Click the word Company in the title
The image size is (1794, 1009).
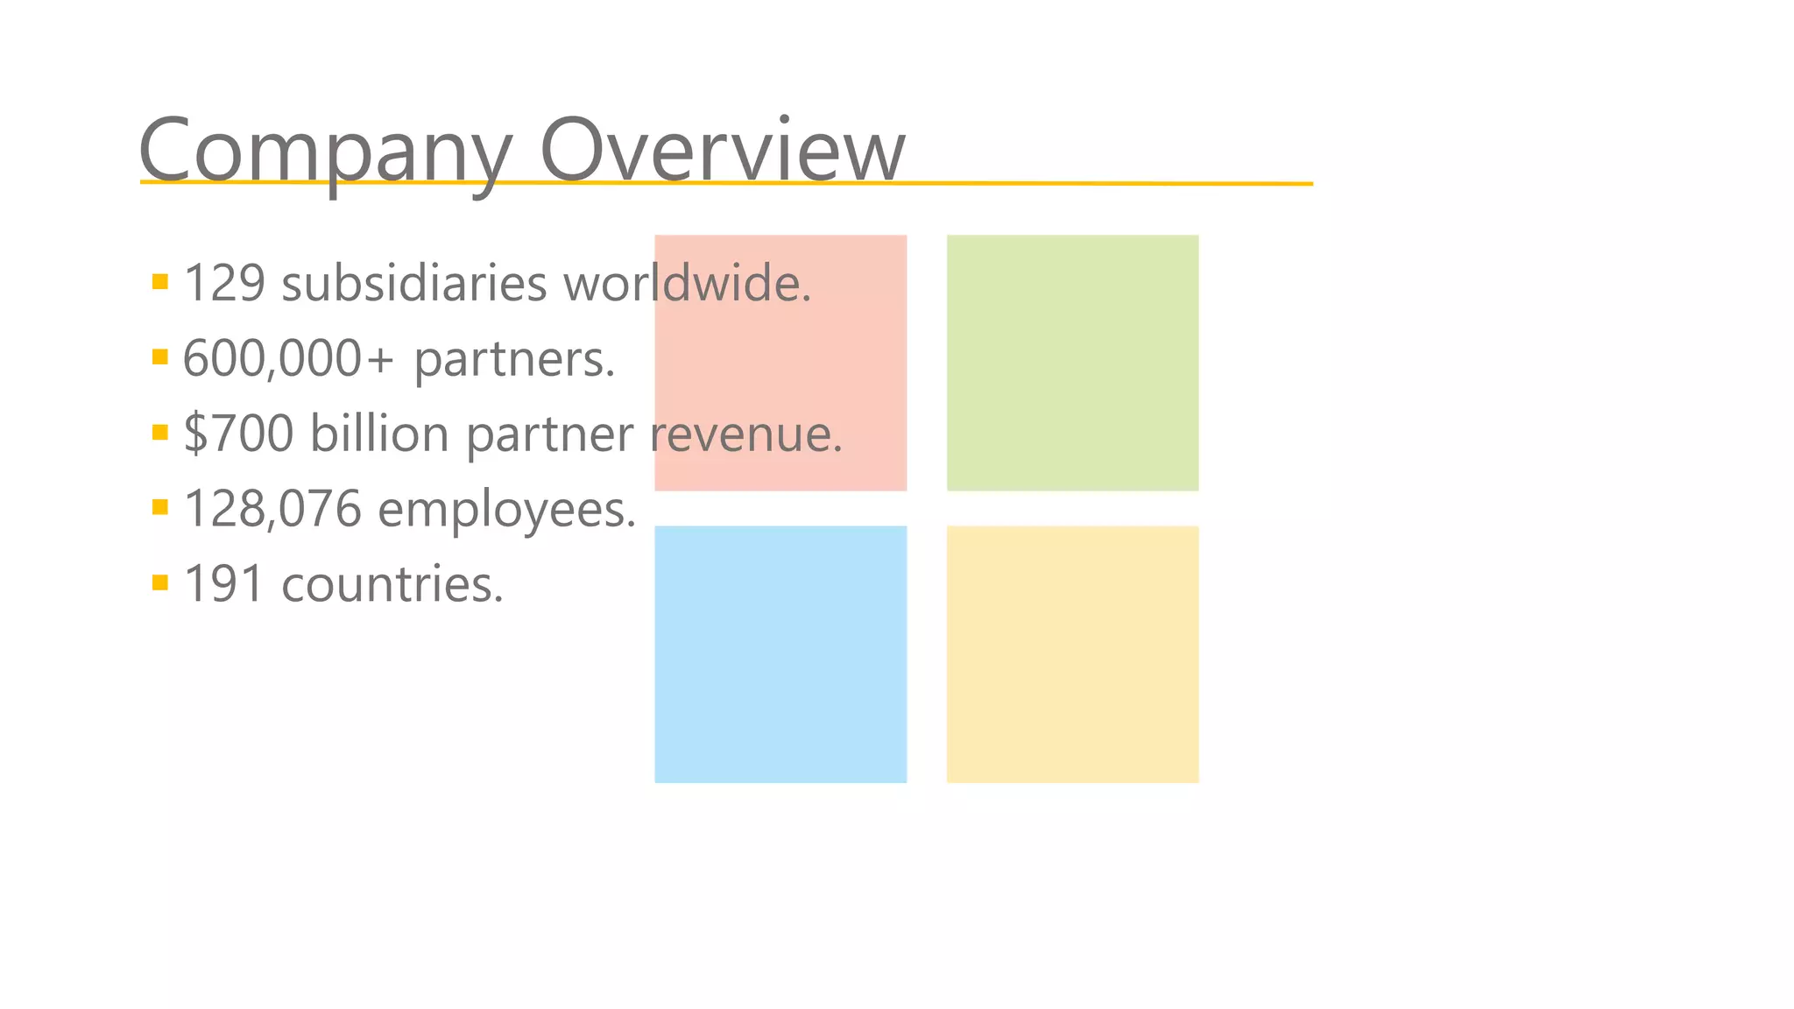tap(324, 151)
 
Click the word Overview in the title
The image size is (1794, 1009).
tap(722, 151)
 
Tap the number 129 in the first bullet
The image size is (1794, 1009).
tap(224, 284)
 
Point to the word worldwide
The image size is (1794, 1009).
tap(688, 284)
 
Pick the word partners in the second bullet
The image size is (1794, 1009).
tap(515, 359)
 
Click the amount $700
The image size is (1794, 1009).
tap(238, 434)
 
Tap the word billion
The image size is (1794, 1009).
tap(379, 434)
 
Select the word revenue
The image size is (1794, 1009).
tap(746, 434)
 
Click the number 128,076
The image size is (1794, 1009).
tap(272, 509)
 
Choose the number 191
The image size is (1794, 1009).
tap(224, 584)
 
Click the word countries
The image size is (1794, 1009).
tap(392, 584)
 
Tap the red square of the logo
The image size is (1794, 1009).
tap(780, 363)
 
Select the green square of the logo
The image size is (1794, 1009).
tap(1072, 363)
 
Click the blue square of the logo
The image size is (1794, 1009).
tap(780, 653)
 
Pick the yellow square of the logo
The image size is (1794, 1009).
tap(1072, 653)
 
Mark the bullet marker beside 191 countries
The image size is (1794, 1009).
tap(159, 582)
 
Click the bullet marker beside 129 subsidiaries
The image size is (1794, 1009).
tap(159, 281)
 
